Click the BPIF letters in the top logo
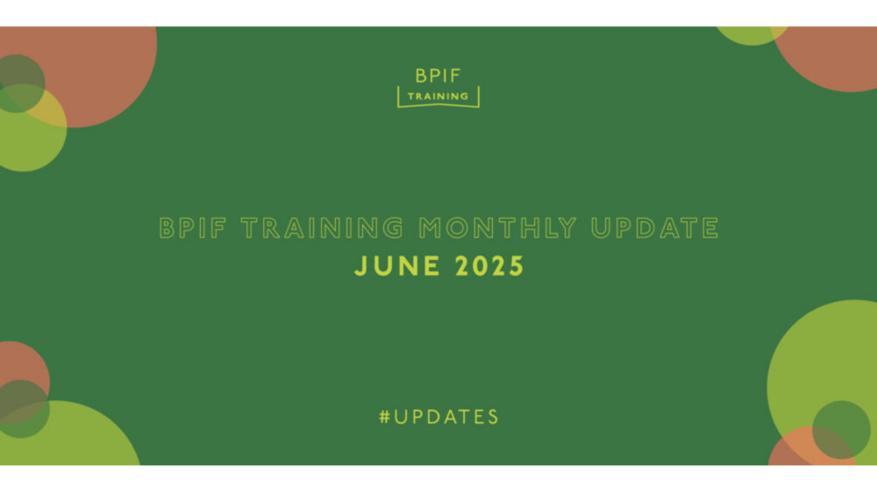tap(438, 75)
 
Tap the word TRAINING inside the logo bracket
tap(438, 97)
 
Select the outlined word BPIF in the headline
tap(193, 228)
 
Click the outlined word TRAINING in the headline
tap(322, 228)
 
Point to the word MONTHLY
tap(498, 228)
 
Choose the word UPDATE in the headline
tap(655, 228)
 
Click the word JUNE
tap(397, 266)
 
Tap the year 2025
tap(489, 266)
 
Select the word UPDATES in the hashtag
tap(446, 417)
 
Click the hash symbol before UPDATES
tap(384, 417)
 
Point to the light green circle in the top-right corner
tap(750, 35)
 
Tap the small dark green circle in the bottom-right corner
tap(841, 429)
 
